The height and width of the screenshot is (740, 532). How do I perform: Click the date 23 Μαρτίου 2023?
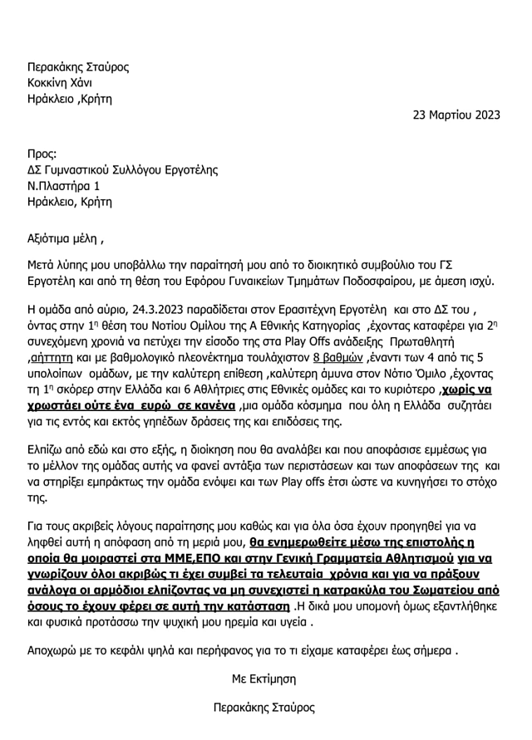point(456,115)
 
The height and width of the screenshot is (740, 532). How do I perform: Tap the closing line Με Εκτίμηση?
point(264,679)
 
